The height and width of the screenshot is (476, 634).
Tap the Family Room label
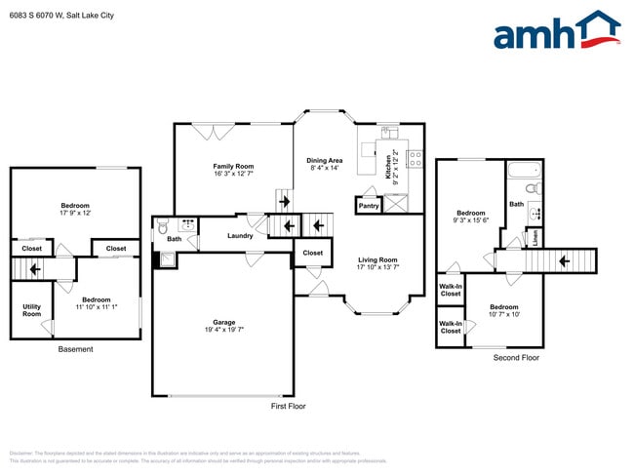[x=233, y=166]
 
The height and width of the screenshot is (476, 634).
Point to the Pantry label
[x=369, y=206]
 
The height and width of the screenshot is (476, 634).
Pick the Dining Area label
[x=324, y=160]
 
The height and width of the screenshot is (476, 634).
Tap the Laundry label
[x=240, y=236]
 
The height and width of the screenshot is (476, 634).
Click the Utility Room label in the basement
[x=31, y=309]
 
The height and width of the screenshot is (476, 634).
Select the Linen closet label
[x=535, y=237]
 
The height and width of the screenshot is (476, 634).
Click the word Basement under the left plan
[x=75, y=349]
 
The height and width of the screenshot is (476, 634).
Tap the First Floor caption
[x=288, y=406]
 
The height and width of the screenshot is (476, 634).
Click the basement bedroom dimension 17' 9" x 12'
[x=75, y=213]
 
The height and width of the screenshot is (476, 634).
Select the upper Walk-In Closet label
[x=450, y=290]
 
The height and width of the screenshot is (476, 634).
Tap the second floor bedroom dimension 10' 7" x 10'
[x=504, y=314]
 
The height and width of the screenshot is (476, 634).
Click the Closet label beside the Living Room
[x=312, y=253]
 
